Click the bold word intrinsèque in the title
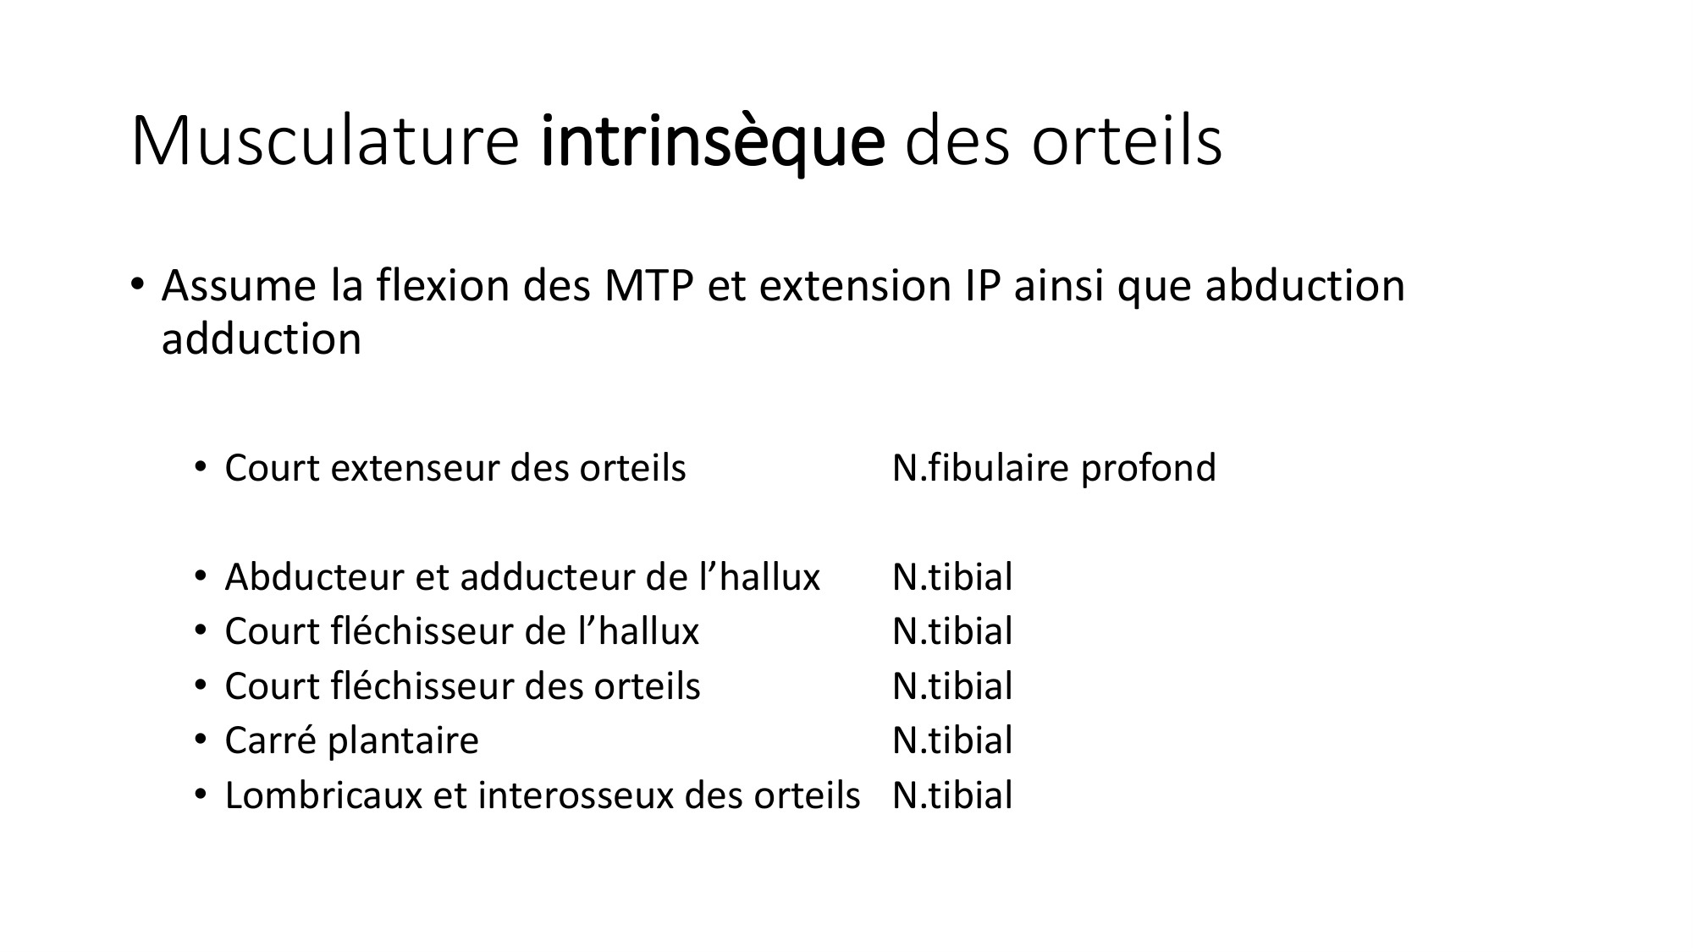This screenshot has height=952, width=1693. pos(713,142)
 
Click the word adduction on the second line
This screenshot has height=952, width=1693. pos(262,339)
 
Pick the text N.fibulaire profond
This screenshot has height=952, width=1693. pos(1054,468)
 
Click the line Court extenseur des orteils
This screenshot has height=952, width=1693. pos(455,468)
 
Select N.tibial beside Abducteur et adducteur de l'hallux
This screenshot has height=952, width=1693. pos(952,577)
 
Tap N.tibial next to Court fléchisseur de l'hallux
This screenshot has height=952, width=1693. pos(952,631)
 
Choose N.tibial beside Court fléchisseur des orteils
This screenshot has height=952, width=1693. pos(952,686)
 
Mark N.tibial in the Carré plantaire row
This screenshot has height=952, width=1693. pos(952,740)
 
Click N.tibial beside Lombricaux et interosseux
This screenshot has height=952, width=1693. pos(952,795)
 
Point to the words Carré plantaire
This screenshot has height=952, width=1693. pos(352,741)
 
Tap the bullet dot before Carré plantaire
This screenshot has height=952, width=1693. pos(201,740)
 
